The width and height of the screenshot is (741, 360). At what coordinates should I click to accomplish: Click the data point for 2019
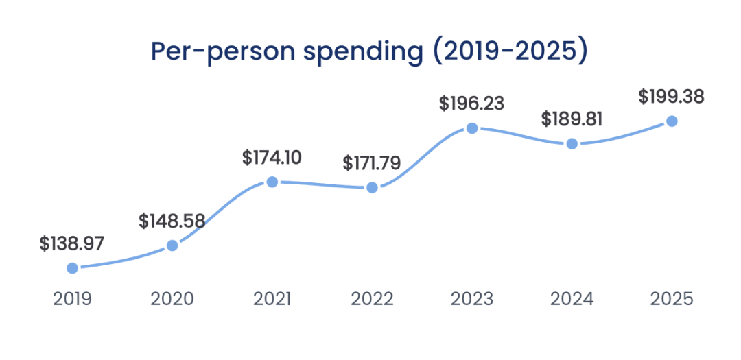(72, 268)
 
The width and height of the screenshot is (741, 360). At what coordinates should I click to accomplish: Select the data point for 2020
(172, 245)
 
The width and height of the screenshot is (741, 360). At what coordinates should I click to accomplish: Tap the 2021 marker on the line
(272, 182)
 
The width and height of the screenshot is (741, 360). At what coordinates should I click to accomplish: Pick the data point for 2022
(372, 187)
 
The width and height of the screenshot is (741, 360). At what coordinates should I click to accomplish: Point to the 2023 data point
(471, 128)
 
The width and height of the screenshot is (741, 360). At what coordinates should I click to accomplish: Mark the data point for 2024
(572, 144)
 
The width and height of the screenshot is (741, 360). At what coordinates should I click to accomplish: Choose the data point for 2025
(672, 121)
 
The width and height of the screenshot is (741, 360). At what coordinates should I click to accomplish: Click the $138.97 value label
(71, 243)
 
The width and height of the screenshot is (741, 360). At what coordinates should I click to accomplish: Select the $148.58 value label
(172, 221)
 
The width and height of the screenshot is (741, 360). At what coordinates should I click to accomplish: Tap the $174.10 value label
(272, 157)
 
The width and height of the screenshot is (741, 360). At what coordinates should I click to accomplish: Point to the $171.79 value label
(371, 163)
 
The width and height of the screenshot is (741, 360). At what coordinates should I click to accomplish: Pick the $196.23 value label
(471, 104)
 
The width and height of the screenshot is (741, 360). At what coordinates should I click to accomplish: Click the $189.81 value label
(572, 119)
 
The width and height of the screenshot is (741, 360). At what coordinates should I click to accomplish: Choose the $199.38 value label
(671, 97)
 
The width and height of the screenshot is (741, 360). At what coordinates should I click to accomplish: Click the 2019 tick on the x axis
(72, 300)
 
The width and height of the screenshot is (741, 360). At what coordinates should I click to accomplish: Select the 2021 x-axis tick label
(272, 300)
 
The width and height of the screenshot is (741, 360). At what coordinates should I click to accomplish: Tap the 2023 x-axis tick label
(471, 300)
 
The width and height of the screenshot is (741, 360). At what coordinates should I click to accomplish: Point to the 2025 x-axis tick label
(672, 300)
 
